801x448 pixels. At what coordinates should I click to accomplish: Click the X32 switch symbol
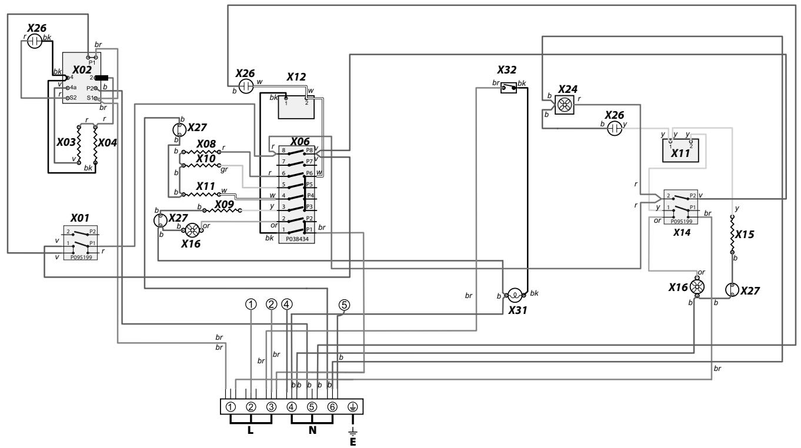tap(509, 88)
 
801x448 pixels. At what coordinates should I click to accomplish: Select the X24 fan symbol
tap(565, 105)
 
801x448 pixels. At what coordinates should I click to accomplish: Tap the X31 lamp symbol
tap(515, 295)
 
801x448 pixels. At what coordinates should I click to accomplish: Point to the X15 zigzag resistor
tap(732, 235)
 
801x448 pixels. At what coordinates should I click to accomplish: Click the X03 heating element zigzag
tap(79, 144)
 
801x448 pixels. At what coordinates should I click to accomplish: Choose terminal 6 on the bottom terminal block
tap(332, 407)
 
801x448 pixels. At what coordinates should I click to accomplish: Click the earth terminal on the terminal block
tap(353, 407)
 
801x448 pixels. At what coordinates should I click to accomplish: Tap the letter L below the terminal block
tap(251, 430)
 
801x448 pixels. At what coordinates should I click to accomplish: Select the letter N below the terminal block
tap(312, 430)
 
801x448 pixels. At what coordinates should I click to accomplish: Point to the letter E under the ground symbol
tap(353, 442)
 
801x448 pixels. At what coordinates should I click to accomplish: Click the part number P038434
tap(297, 239)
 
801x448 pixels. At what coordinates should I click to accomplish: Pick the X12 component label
tap(296, 77)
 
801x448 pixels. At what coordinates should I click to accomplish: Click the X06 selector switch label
tap(300, 142)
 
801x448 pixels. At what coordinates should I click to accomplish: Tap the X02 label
tap(82, 70)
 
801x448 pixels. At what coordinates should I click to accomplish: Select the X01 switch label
tap(80, 218)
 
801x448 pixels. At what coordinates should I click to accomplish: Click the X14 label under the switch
tap(682, 232)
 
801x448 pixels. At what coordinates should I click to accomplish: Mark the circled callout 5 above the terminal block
tap(344, 305)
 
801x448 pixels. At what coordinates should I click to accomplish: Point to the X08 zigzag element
tap(201, 152)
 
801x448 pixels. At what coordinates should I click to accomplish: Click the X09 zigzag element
tap(222, 210)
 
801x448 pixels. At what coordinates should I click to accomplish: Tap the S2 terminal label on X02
tap(73, 98)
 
